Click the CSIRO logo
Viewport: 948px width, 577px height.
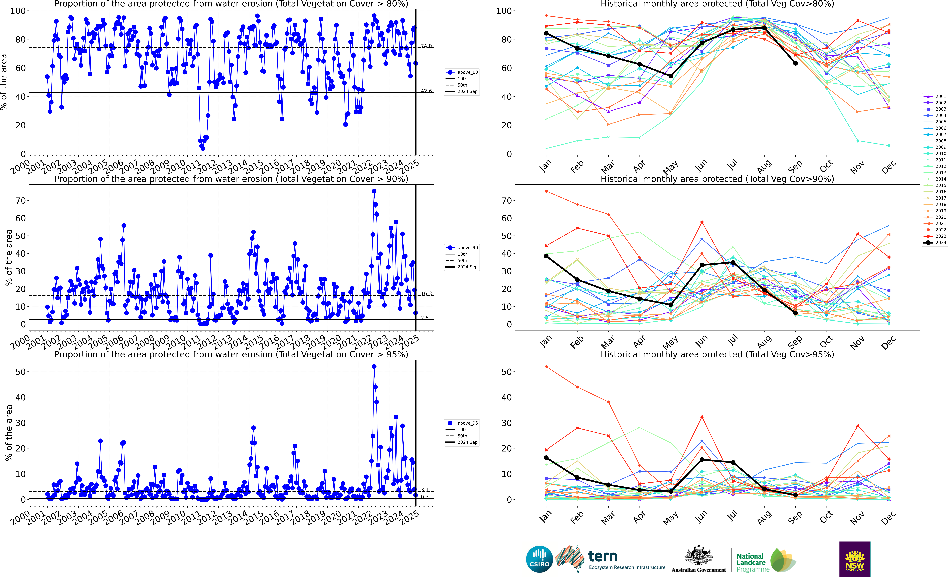539,559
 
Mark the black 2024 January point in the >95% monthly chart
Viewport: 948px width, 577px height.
546,458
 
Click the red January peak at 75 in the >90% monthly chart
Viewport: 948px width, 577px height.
546,191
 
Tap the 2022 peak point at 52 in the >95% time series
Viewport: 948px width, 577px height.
374,367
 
